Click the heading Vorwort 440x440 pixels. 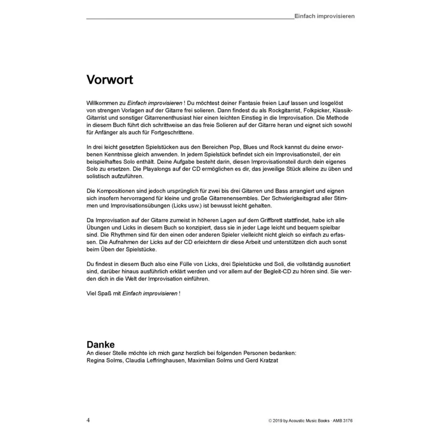[110, 79]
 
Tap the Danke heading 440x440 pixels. [100, 344]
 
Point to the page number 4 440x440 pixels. [88, 420]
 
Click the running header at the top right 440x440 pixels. [324, 16]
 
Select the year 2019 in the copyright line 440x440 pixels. [277, 421]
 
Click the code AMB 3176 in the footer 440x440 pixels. [342, 421]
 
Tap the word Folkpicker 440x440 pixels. [316, 111]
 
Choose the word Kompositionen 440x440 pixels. [116, 191]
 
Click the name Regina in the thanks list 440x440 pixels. [95, 360]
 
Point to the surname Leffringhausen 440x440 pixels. [154, 360]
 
